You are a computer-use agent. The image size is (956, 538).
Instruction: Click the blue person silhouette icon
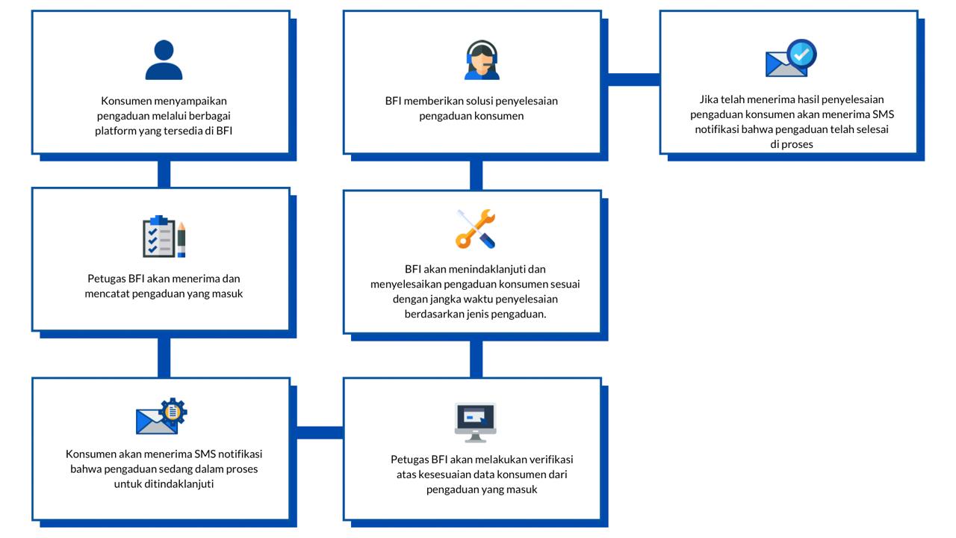click(x=164, y=60)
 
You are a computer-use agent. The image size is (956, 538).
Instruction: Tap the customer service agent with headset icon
click(x=482, y=60)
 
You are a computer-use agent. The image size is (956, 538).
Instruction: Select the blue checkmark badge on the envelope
click(x=802, y=54)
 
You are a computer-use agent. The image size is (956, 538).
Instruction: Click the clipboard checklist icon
click(x=159, y=236)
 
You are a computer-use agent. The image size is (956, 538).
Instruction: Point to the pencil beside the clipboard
click(x=181, y=239)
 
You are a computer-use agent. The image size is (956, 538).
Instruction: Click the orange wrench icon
click(x=475, y=229)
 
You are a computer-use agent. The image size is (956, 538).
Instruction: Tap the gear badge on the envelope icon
click(x=173, y=412)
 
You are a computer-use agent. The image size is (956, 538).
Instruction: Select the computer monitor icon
click(x=476, y=423)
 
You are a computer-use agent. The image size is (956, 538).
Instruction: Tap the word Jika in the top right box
click(x=709, y=99)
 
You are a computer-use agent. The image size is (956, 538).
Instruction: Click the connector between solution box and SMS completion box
click(x=634, y=79)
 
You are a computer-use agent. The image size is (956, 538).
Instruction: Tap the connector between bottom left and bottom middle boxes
click(x=320, y=433)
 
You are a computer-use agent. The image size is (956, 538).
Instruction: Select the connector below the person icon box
click(x=164, y=174)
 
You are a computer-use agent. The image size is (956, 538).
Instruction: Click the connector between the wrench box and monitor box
click(x=477, y=359)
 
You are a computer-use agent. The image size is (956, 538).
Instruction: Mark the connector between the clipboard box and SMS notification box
click(x=164, y=358)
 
